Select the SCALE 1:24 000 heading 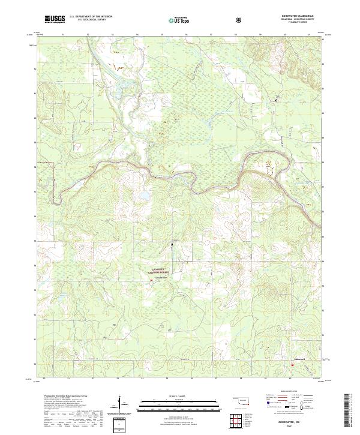tap(179, 397)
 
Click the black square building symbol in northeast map tap(277, 100)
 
